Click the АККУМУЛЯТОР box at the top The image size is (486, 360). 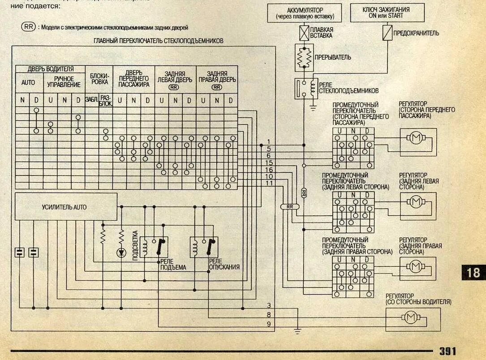tap(304, 13)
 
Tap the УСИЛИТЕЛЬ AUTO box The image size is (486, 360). tap(65, 207)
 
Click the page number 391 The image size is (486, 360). tap(447, 351)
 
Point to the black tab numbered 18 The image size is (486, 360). tap(473, 272)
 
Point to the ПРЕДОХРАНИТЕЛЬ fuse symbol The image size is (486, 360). tap(386, 33)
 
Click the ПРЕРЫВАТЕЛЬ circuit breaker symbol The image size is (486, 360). tap(304, 57)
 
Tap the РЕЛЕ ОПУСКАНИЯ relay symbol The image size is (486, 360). tap(204, 247)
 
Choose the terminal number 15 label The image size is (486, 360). tap(269, 163)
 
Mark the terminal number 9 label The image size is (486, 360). tap(269, 324)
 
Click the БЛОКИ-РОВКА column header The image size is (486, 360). tap(99, 79)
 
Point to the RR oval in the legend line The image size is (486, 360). tap(28, 26)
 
